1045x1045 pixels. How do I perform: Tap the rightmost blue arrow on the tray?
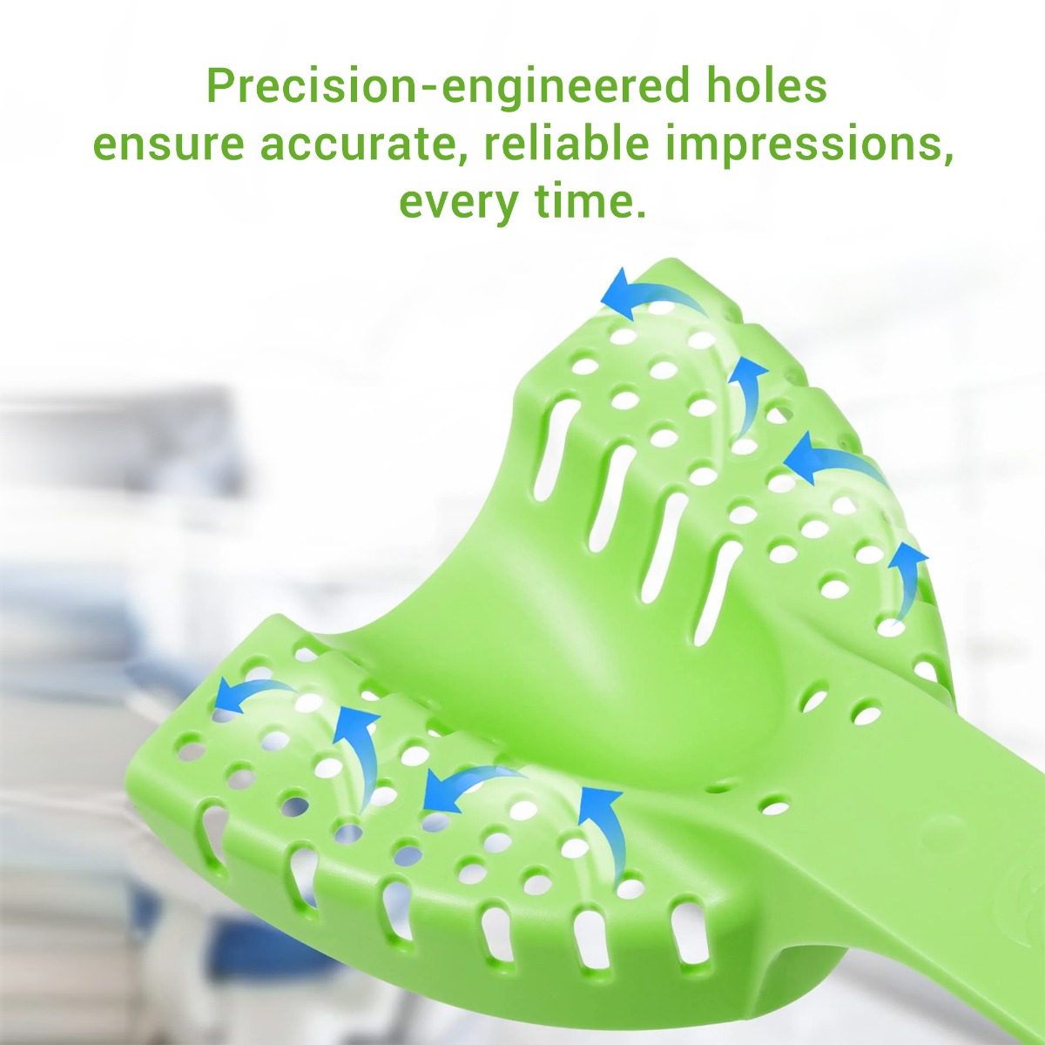(906, 575)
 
